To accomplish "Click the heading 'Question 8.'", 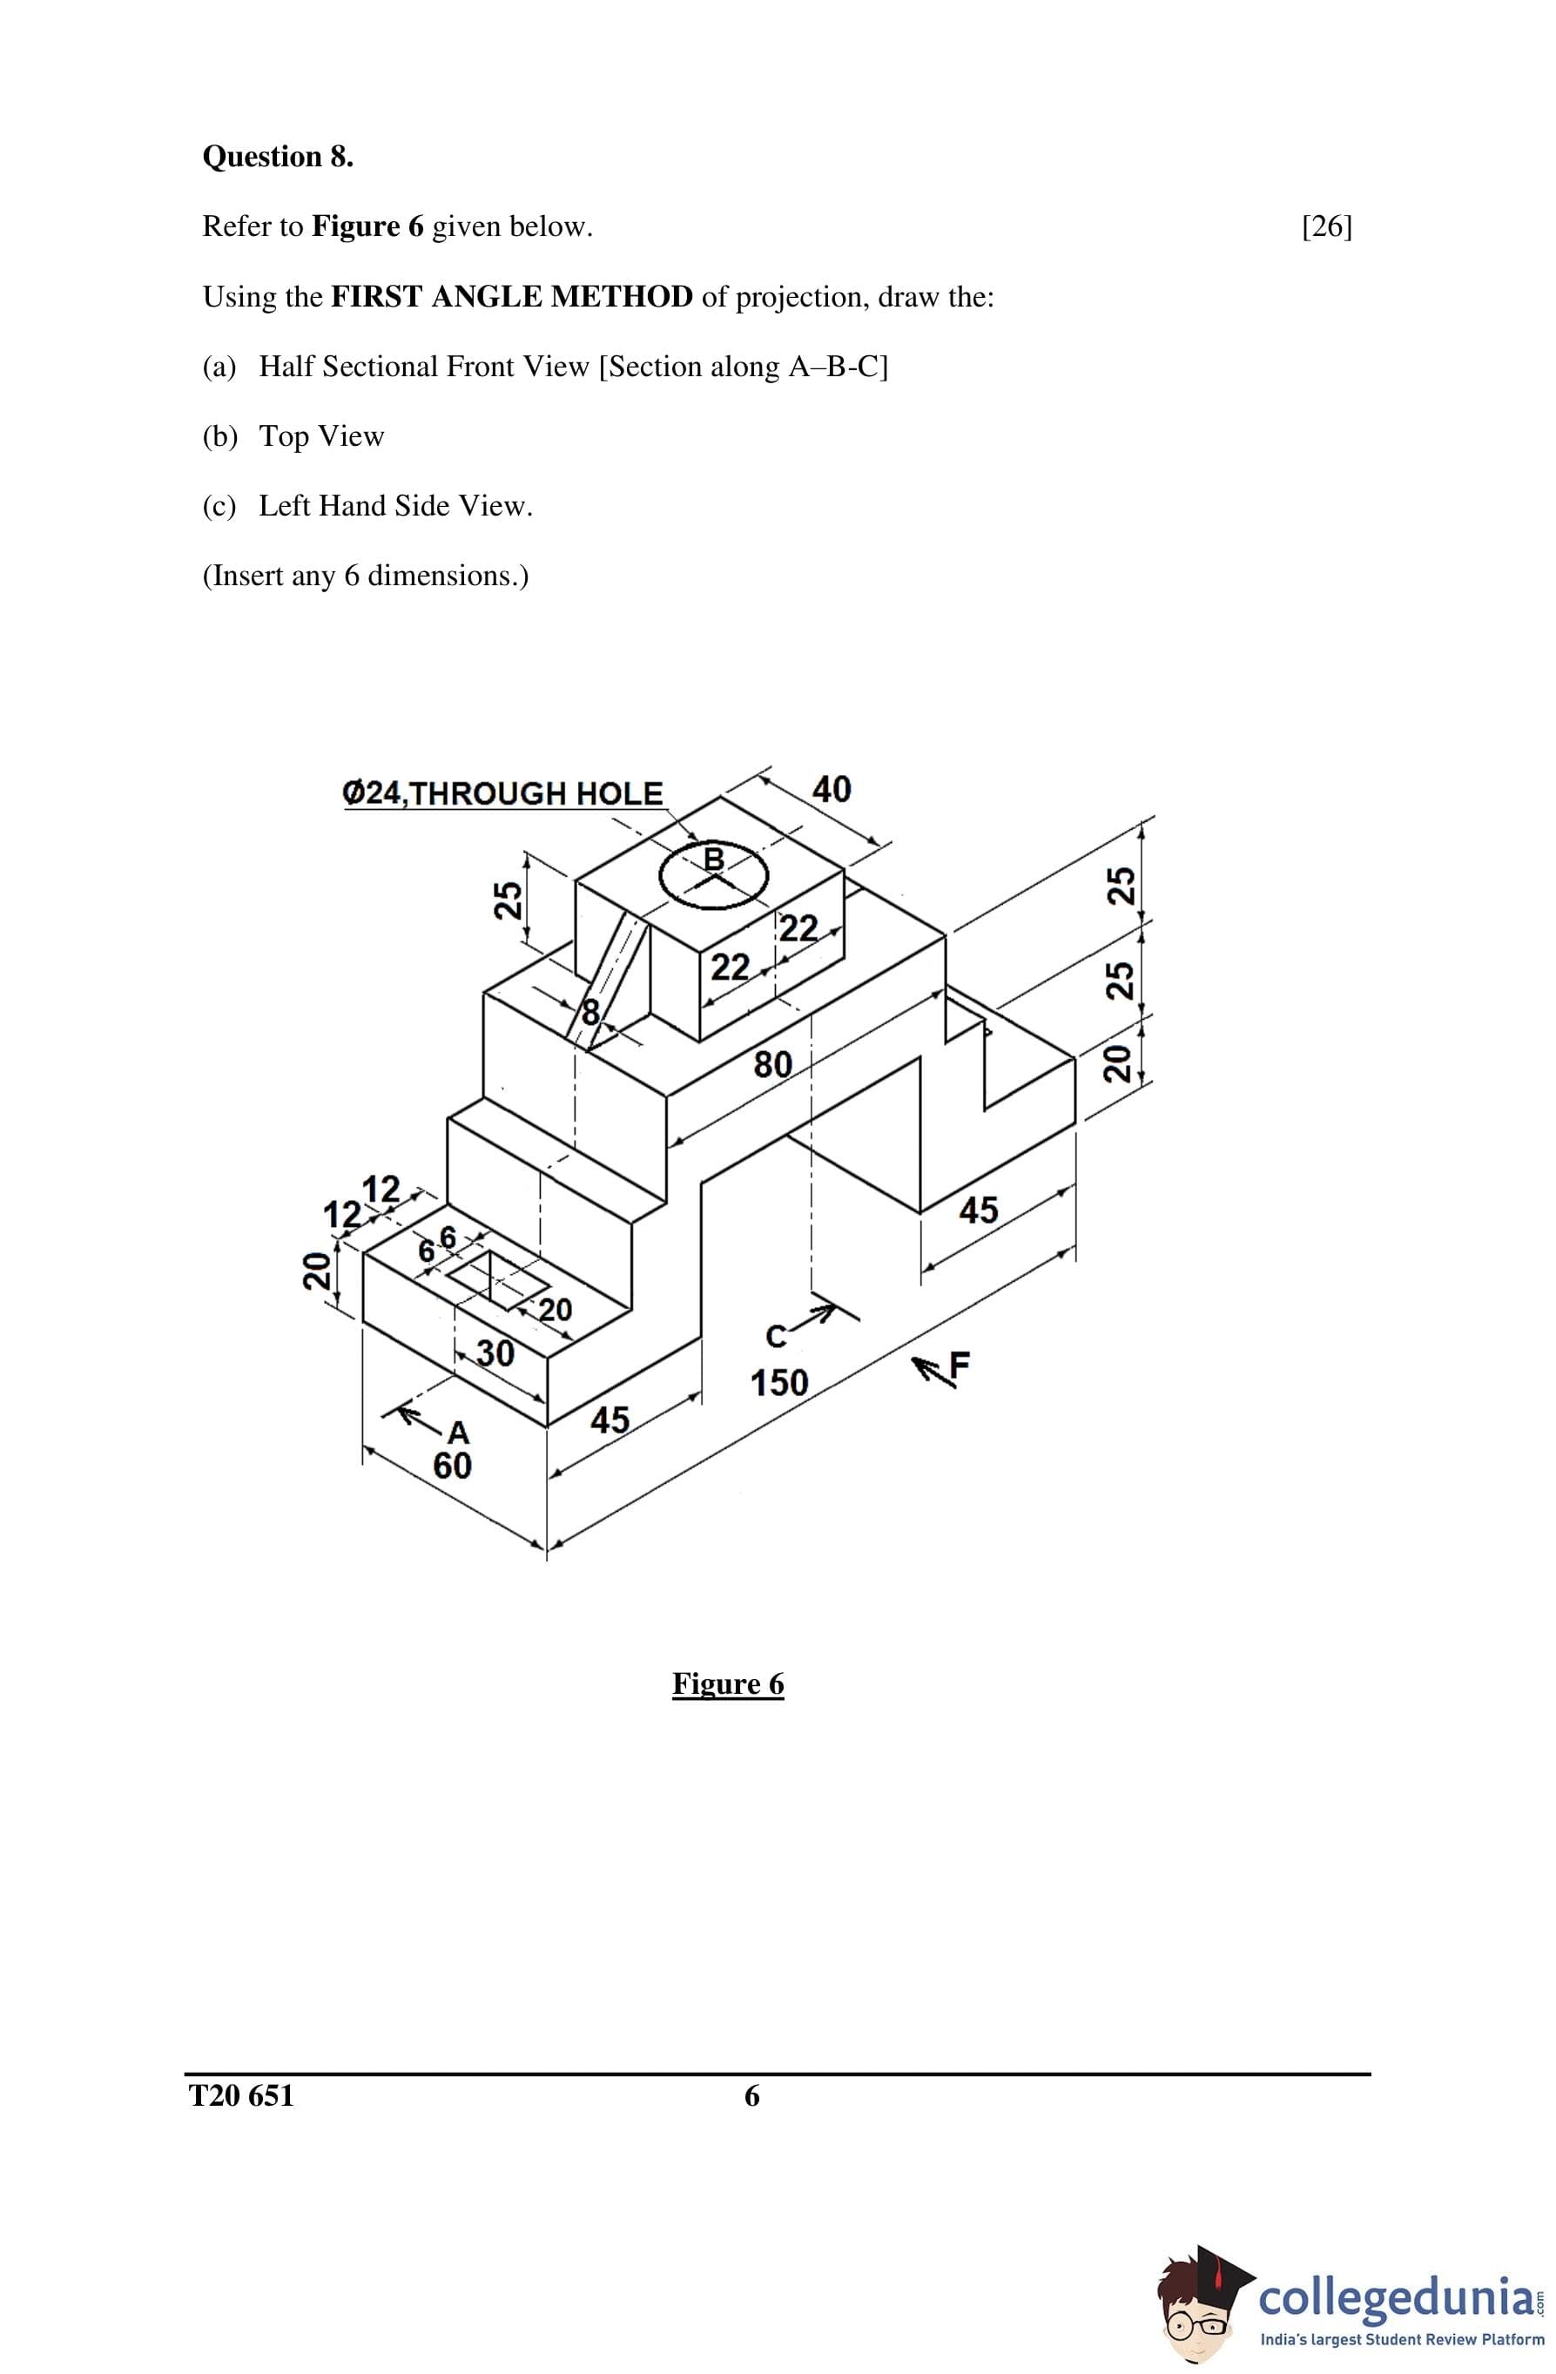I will click(277, 157).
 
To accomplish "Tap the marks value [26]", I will click(1327, 226).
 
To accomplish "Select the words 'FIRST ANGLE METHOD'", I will click(512, 296).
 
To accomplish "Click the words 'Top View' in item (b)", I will click(321, 436).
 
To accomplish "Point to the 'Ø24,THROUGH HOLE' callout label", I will click(502, 793).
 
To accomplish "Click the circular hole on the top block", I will click(714, 876).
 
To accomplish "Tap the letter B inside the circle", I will click(714, 858).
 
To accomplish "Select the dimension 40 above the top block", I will click(831, 789).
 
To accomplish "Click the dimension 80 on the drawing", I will click(773, 1064).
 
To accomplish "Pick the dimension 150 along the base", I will click(779, 1382).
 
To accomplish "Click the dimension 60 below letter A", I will click(452, 1466).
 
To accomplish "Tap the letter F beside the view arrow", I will click(959, 1365).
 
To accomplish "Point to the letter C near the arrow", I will click(776, 1337).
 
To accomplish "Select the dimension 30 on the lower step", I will click(495, 1352).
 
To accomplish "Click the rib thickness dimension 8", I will click(590, 1013).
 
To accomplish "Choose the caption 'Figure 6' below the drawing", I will click(728, 1683).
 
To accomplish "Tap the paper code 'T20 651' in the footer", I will click(241, 2094).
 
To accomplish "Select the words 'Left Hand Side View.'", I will click(396, 506).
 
